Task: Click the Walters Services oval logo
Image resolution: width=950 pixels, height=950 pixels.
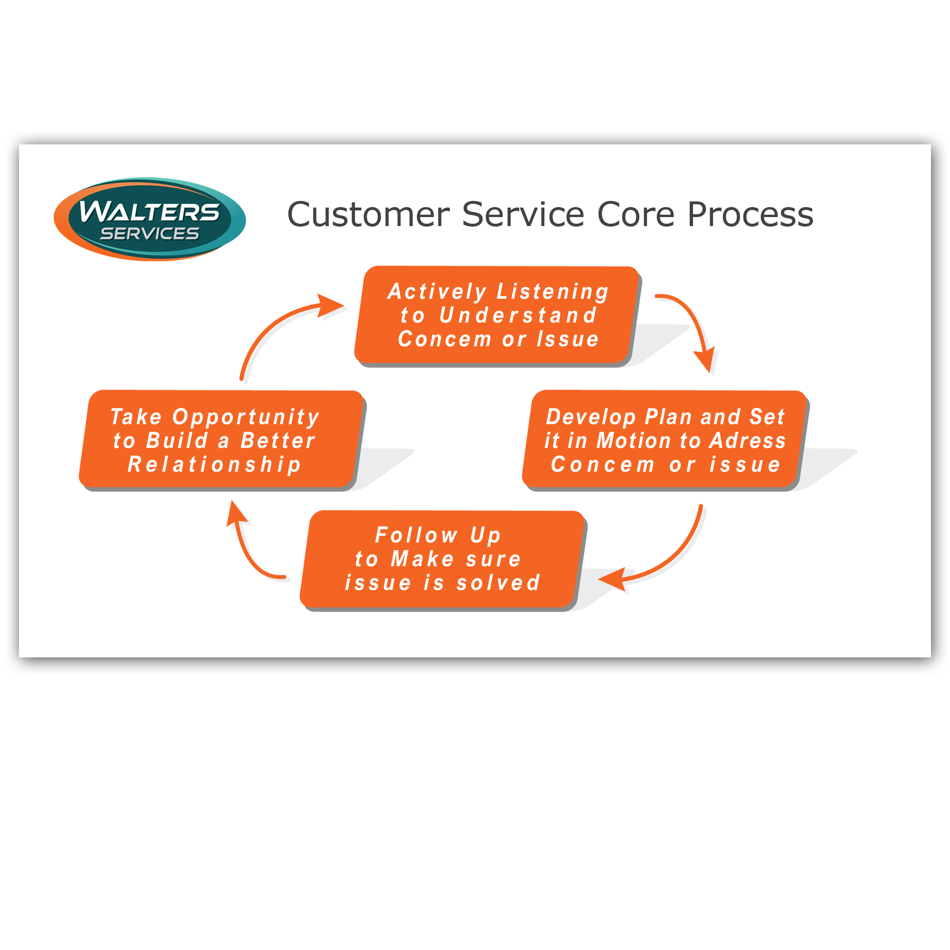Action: [x=150, y=219]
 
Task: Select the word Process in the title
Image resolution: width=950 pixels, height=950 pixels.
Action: [x=750, y=214]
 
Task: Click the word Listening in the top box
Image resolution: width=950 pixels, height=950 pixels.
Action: [x=553, y=292]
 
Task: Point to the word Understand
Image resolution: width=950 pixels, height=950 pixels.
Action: [x=518, y=315]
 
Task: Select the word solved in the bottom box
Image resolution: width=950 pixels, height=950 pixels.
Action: [x=499, y=583]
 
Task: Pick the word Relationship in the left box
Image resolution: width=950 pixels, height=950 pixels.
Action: [x=214, y=465]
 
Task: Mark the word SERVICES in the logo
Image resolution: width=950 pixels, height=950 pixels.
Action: [x=150, y=234]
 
